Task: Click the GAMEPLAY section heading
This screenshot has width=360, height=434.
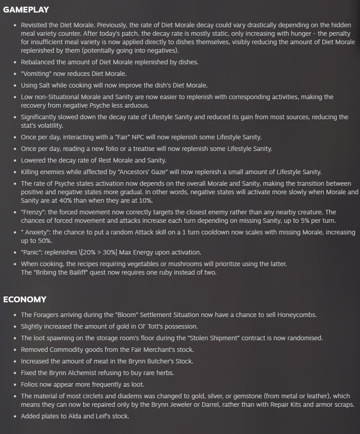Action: point(26,10)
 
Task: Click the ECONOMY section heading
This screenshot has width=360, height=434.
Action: point(25,300)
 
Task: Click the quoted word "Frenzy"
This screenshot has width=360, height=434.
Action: point(33,212)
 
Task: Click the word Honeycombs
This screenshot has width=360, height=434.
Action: point(297,315)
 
